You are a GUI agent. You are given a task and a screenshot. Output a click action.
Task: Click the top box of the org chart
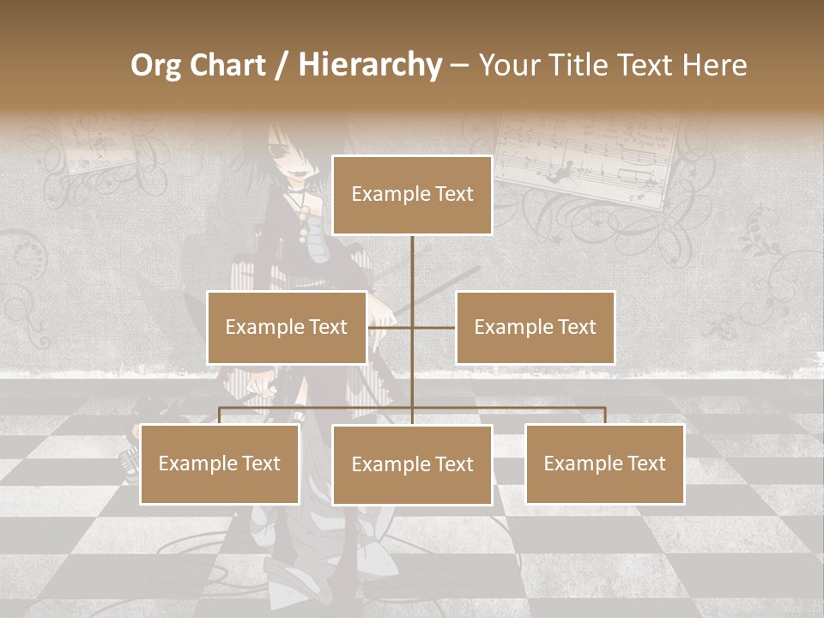(x=412, y=195)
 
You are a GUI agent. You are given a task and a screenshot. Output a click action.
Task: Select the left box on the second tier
(x=286, y=327)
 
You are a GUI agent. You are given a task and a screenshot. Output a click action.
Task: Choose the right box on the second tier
(x=535, y=327)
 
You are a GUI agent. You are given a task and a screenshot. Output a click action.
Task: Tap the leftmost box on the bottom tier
(x=220, y=463)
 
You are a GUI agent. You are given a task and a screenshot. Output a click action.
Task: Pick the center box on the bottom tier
(x=412, y=464)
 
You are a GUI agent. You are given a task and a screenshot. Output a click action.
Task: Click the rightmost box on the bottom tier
(x=604, y=463)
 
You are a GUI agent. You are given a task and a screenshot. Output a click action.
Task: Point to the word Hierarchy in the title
(x=370, y=65)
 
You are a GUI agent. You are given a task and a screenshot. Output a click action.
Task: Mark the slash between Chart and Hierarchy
(x=281, y=65)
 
